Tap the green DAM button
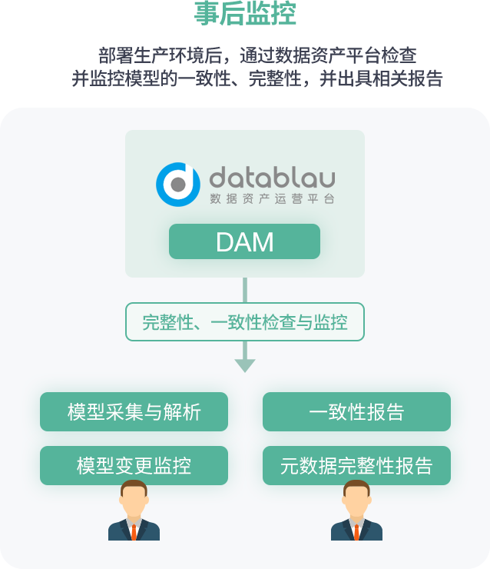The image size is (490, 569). tap(244, 241)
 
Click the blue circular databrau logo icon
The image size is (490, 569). tap(178, 185)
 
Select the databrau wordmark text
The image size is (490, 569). tap(272, 178)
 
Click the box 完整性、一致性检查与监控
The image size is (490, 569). tap(244, 322)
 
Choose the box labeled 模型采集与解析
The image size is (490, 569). tap(134, 412)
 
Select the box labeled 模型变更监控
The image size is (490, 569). tap(134, 465)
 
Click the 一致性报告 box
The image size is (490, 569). tap(356, 412)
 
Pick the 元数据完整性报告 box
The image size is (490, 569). tap(356, 465)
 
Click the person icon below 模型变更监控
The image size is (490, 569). tap(134, 511)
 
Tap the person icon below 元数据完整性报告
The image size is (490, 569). tap(356, 511)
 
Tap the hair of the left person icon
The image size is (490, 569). tap(134, 486)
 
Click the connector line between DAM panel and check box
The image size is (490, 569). tap(244, 290)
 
